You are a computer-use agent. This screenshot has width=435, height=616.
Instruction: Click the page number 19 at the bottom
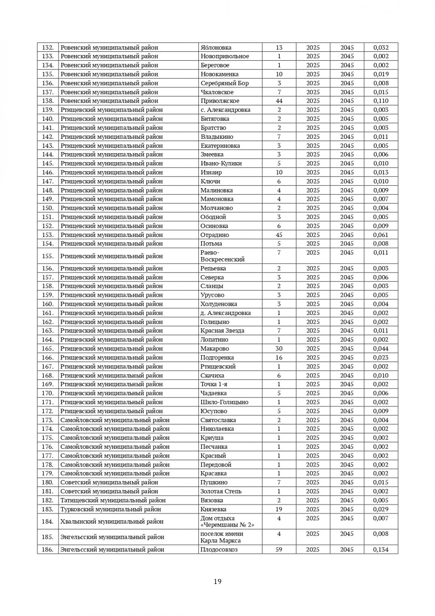(217, 581)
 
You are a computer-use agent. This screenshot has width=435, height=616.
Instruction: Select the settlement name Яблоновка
(216, 47)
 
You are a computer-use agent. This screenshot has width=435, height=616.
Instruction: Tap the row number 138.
(48, 101)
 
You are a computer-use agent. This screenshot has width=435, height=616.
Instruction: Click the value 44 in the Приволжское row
(279, 101)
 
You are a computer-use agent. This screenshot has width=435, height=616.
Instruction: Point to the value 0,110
(381, 101)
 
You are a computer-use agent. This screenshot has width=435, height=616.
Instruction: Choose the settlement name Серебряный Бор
(224, 83)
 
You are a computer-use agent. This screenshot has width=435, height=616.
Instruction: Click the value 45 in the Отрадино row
(279, 235)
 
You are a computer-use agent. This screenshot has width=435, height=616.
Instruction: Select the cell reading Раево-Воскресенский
(222, 256)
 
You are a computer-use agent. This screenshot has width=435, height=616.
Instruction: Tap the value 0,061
(381, 235)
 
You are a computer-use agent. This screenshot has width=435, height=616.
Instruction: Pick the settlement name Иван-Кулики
(221, 163)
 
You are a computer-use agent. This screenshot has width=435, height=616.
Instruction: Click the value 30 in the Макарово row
(279, 349)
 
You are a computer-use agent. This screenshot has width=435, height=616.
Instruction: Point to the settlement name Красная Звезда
(222, 331)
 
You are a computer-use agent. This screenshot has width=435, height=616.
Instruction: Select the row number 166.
(48, 358)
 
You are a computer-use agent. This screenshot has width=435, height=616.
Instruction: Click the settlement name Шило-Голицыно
(224, 402)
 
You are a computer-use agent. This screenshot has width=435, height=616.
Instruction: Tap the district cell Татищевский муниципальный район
(113, 500)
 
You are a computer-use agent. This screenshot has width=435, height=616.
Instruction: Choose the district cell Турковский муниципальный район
(110, 509)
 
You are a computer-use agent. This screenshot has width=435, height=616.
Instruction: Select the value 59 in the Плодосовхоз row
(279, 549)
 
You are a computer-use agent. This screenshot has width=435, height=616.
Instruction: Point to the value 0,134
(381, 549)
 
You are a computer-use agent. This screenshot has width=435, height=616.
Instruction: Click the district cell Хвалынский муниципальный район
(112, 522)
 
